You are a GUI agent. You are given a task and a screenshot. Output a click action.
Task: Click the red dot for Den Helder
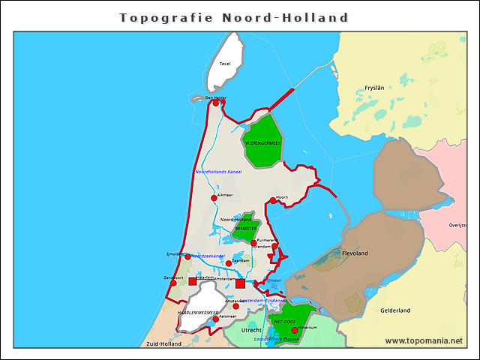tap(216, 103)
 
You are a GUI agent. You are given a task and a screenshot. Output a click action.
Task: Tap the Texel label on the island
tap(225, 64)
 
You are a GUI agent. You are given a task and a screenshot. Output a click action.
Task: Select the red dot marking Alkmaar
tap(214, 198)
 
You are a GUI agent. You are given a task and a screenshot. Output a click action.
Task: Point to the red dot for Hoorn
tap(273, 200)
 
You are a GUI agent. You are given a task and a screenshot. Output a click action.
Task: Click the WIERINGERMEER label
tap(262, 142)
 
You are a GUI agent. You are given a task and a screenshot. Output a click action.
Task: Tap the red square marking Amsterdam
tap(240, 283)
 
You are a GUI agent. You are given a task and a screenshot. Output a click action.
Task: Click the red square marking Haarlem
tap(193, 281)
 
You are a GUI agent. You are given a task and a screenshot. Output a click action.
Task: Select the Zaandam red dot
tap(229, 263)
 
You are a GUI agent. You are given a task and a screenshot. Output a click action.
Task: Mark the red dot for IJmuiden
tap(187, 257)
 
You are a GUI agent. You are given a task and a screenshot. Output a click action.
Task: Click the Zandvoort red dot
tap(173, 283)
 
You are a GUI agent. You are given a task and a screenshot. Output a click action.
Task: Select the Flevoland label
tap(355, 253)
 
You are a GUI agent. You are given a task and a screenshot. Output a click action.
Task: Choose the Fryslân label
tap(374, 88)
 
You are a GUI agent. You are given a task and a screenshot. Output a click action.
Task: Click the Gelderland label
tap(395, 310)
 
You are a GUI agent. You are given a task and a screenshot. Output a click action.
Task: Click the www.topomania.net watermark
tap(424, 341)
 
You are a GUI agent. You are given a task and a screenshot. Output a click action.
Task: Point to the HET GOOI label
tap(283, 321)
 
